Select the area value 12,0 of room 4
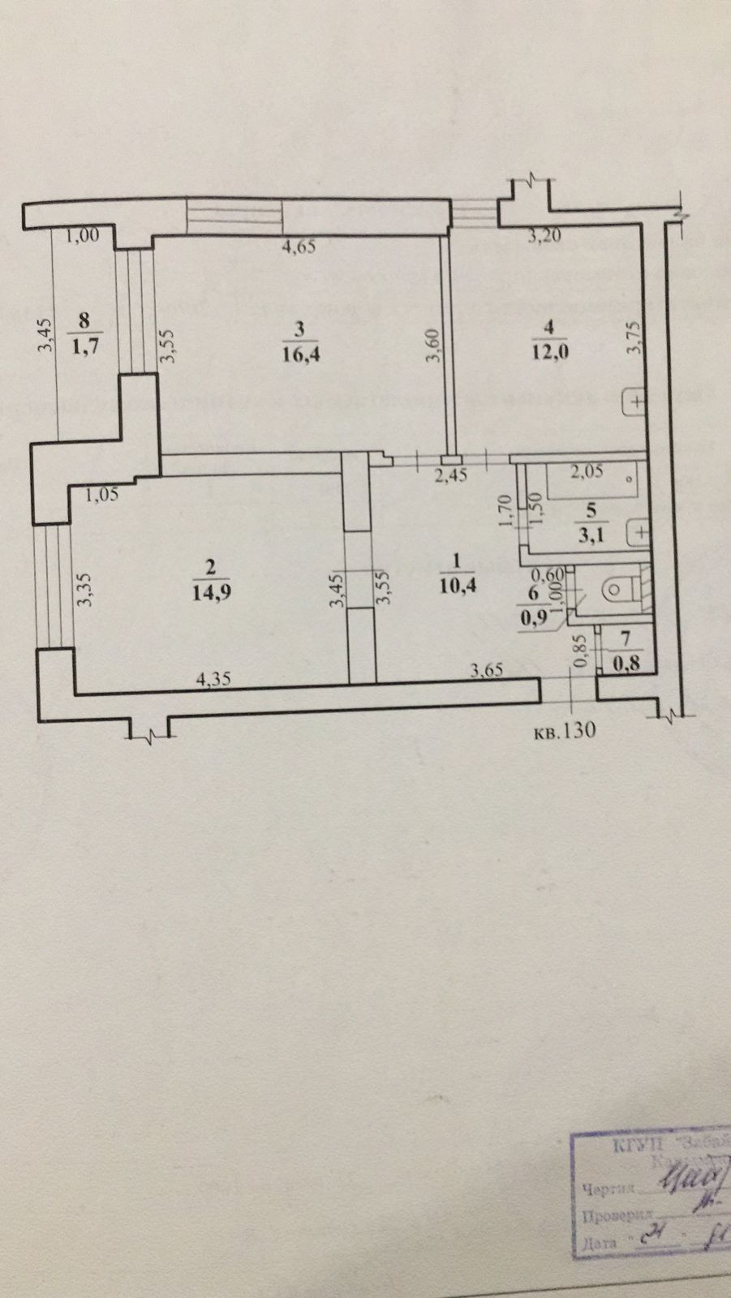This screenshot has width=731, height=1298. (x=550, y=355)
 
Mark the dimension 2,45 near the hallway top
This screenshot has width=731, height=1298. (x=451, y=476)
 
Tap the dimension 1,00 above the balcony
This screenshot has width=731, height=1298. (x=83, y=237)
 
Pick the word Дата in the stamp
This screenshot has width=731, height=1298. (x=600, y=1242)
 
